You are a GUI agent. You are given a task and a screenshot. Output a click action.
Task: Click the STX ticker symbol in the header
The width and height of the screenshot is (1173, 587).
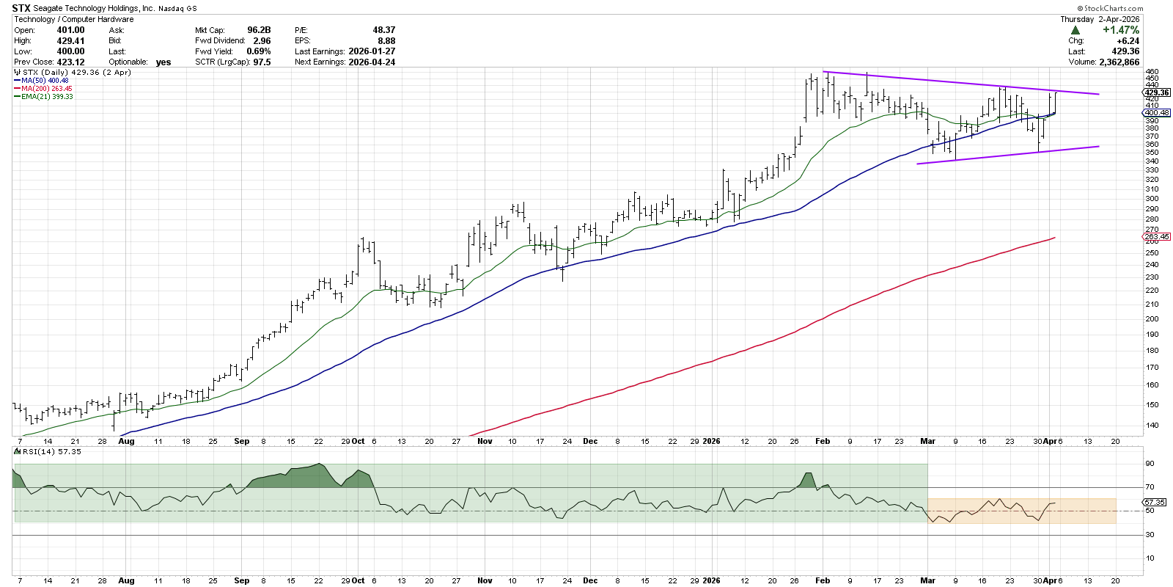click(21, 8)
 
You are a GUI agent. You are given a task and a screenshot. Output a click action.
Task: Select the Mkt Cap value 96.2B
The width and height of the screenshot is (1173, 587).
click(259, 30)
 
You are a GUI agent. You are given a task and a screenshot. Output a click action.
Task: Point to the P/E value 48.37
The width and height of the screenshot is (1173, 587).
click(383, 30)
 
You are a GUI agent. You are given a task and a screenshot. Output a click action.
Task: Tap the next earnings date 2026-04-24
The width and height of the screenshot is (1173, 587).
click(372, 62)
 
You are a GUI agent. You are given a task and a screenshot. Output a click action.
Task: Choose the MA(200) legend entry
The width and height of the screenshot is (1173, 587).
click(46, 89)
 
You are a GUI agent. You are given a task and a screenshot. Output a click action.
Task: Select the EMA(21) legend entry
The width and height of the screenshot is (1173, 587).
click(46, 97)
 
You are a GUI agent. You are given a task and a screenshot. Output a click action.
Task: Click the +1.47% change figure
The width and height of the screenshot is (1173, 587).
click(1120, 30)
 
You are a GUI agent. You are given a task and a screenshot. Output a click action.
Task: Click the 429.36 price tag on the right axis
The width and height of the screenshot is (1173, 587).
click(1157, 93)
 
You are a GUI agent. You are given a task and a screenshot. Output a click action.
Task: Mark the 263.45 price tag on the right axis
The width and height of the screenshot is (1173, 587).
click(1157, 237)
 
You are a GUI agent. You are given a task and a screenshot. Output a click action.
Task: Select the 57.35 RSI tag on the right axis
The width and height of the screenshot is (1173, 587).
click(1155, 503)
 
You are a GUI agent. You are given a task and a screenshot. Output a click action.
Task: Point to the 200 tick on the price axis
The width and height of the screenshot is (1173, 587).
click(1151, 319)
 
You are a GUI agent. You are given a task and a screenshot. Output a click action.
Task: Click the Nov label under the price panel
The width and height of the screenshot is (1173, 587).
click(485, 441)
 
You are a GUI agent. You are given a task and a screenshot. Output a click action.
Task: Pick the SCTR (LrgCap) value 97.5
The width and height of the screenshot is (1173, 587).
click(262, 62)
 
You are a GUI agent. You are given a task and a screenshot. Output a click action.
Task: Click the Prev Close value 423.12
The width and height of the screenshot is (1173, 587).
click(71, 62)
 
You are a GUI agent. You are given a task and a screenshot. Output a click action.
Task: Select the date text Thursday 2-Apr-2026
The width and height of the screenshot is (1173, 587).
click(1100, 19)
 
